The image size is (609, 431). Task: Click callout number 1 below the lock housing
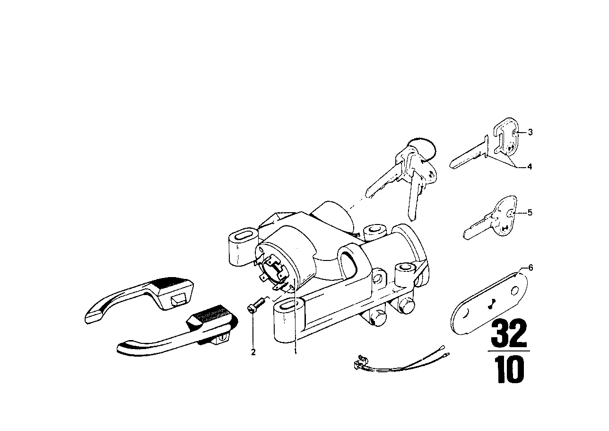coord(295,352)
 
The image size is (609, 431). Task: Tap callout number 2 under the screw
coord(253,352)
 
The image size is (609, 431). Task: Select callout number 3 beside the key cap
coord(531,132)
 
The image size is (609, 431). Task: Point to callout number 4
coord(530,166)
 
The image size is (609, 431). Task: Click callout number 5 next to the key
coord(530,212)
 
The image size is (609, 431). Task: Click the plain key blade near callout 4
coord(468,154)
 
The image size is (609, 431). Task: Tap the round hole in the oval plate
coord(514,291)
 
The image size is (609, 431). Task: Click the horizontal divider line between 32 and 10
coord(509,351)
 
